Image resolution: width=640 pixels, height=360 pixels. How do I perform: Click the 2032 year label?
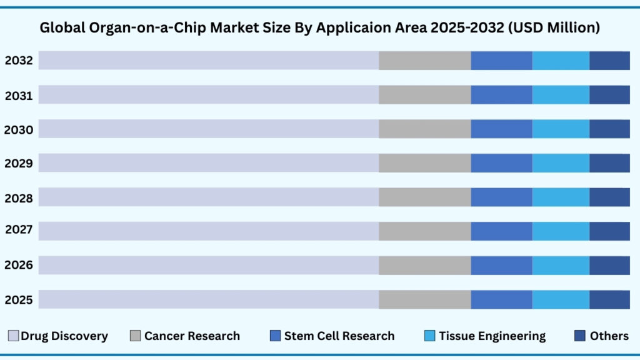tap(19, 61)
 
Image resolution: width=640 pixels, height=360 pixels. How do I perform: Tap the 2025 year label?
tap(19, 299)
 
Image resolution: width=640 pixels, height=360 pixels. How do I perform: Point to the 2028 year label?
tap(19, 197)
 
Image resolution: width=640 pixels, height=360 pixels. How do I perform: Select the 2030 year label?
tap(19, 129)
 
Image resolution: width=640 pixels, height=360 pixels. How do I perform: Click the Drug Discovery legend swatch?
tap(13, 336)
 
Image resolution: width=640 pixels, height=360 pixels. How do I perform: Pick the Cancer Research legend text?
tap(192, 336)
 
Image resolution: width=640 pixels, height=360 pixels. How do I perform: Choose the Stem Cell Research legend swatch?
tap(275, 336)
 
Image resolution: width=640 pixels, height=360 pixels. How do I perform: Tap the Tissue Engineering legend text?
tap(492, 336)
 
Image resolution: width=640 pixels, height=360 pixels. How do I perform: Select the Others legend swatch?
tap(579, 336)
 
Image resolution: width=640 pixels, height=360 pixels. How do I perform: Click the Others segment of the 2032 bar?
tap(609, 61)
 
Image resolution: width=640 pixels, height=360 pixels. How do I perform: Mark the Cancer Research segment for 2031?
tap(424, 95)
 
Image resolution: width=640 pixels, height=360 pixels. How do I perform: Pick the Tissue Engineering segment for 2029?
tap(561, 163)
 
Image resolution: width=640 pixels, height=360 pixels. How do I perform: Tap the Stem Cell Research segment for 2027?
tap(501, 231)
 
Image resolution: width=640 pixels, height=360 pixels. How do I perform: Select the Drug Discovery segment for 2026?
tap(209, 265)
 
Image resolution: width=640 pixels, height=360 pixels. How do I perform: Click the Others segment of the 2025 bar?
tap(609, 299)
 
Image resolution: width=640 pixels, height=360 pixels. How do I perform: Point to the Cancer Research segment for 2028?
tap(424, 197)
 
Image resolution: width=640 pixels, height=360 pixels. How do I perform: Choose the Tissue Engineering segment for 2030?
tap(561, 129)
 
